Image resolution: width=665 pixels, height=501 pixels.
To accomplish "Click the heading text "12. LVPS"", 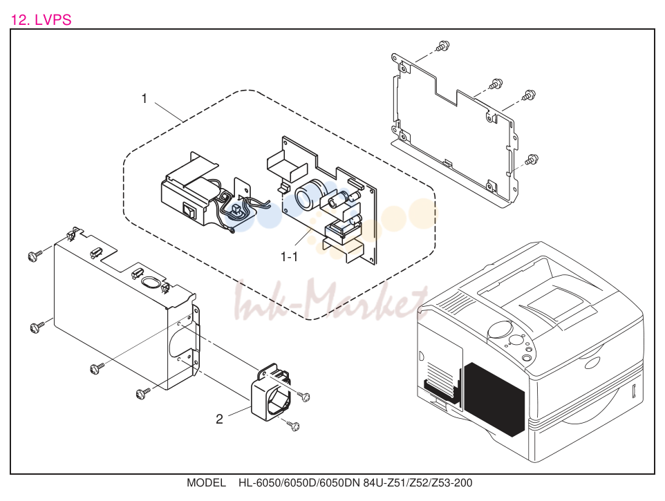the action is point(41,20).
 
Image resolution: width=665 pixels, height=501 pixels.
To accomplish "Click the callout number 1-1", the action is point(289,257).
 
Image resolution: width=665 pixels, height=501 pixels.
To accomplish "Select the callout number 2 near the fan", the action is point(219,419).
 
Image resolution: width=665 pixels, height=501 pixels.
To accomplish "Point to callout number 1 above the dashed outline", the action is point(144,98).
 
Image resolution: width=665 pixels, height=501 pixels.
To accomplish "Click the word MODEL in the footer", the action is point(206,483).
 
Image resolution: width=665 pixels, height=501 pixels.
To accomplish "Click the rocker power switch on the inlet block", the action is point(189,210).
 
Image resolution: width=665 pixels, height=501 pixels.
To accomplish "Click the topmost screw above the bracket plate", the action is point(443,46).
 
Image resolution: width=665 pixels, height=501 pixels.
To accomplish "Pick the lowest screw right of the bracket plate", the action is point(531,160).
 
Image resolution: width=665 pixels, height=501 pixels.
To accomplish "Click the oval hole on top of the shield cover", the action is point(149,282).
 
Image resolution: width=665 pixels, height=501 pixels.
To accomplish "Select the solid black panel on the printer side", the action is point(494,399).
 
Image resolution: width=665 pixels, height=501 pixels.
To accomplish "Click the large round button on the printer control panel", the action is point(502,329).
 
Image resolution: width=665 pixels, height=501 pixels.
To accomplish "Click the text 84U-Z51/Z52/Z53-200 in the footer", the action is point(418,483).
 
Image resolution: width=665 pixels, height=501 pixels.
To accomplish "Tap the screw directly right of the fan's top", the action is point(303,396).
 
